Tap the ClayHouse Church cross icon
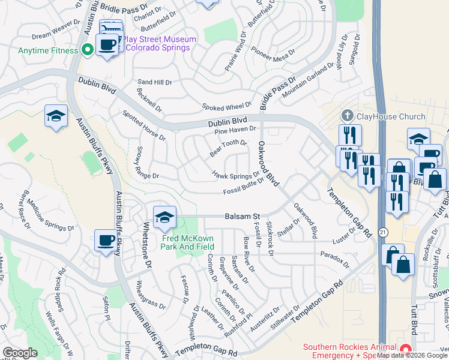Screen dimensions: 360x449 click(346, 115)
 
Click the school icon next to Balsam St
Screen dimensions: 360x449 click(164, 217)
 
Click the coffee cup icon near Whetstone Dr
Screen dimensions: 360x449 click(106, 241)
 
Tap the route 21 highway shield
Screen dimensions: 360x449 click(382, 232)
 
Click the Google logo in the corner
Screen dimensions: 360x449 click(20, 353)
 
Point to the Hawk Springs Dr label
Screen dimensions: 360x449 click(236, 175)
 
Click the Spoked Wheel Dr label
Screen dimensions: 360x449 click(227, 106)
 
